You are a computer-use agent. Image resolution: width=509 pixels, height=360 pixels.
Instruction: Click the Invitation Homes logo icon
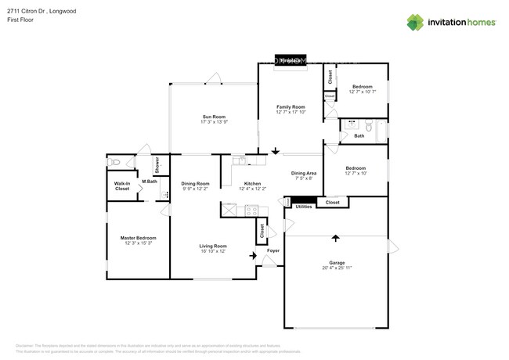[415, 22]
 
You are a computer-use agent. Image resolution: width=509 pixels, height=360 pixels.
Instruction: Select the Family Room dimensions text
[291, 112]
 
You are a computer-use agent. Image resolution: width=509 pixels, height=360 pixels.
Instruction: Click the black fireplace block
[290, 59]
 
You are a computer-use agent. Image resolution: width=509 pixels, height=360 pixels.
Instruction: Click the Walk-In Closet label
[122, 186]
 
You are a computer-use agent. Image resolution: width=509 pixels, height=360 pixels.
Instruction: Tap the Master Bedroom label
[138, 238]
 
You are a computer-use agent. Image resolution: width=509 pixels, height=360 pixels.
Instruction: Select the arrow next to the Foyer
[252, 254]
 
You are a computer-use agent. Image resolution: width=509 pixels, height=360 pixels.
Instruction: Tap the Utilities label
[304, 207]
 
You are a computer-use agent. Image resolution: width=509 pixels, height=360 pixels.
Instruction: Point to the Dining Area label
[303, 173]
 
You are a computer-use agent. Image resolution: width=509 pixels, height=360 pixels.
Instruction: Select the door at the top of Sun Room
[212, 77]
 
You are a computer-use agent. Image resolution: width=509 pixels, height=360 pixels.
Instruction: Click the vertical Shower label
[157, 164]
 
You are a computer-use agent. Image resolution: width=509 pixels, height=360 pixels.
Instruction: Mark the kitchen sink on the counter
[240, 160]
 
